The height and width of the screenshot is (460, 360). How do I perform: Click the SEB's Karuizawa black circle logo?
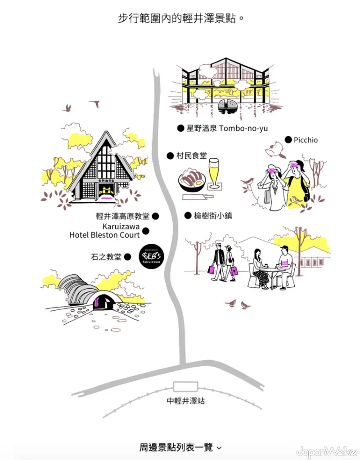click(151, 257)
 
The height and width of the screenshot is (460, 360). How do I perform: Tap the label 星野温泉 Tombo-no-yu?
click(227, 128)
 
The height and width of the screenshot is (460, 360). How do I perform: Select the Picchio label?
click(306, 140)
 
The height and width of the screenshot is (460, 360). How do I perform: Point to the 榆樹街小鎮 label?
click(213, 215)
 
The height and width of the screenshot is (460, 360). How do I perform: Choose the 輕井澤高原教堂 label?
click(122, 216)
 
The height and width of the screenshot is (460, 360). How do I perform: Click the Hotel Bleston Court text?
click(104, 235)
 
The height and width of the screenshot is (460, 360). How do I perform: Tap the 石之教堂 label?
click(106, 257)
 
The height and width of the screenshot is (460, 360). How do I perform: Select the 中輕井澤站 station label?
click(185, 401)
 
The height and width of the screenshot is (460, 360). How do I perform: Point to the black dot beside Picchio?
click(288, 140)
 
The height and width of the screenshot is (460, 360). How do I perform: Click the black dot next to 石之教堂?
click(127, 257)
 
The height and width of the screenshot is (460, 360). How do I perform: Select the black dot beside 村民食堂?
click(170, 156)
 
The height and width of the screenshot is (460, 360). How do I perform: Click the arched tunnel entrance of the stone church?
click(103, 301)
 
